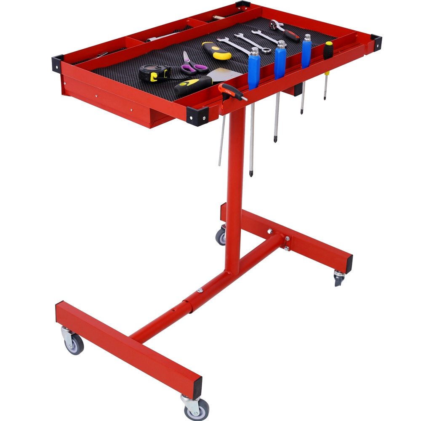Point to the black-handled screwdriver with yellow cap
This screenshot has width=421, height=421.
(328, 50)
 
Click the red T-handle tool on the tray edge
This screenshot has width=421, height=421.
(231, 91)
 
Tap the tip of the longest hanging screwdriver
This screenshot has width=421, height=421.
(251, 174)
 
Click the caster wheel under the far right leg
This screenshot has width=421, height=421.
(339, 278)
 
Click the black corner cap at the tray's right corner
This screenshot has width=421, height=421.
(376, 42)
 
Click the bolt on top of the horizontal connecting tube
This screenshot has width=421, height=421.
(200, 290)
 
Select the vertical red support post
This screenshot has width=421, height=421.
(234, 189)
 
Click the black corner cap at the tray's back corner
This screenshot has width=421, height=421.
(243, 5)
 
